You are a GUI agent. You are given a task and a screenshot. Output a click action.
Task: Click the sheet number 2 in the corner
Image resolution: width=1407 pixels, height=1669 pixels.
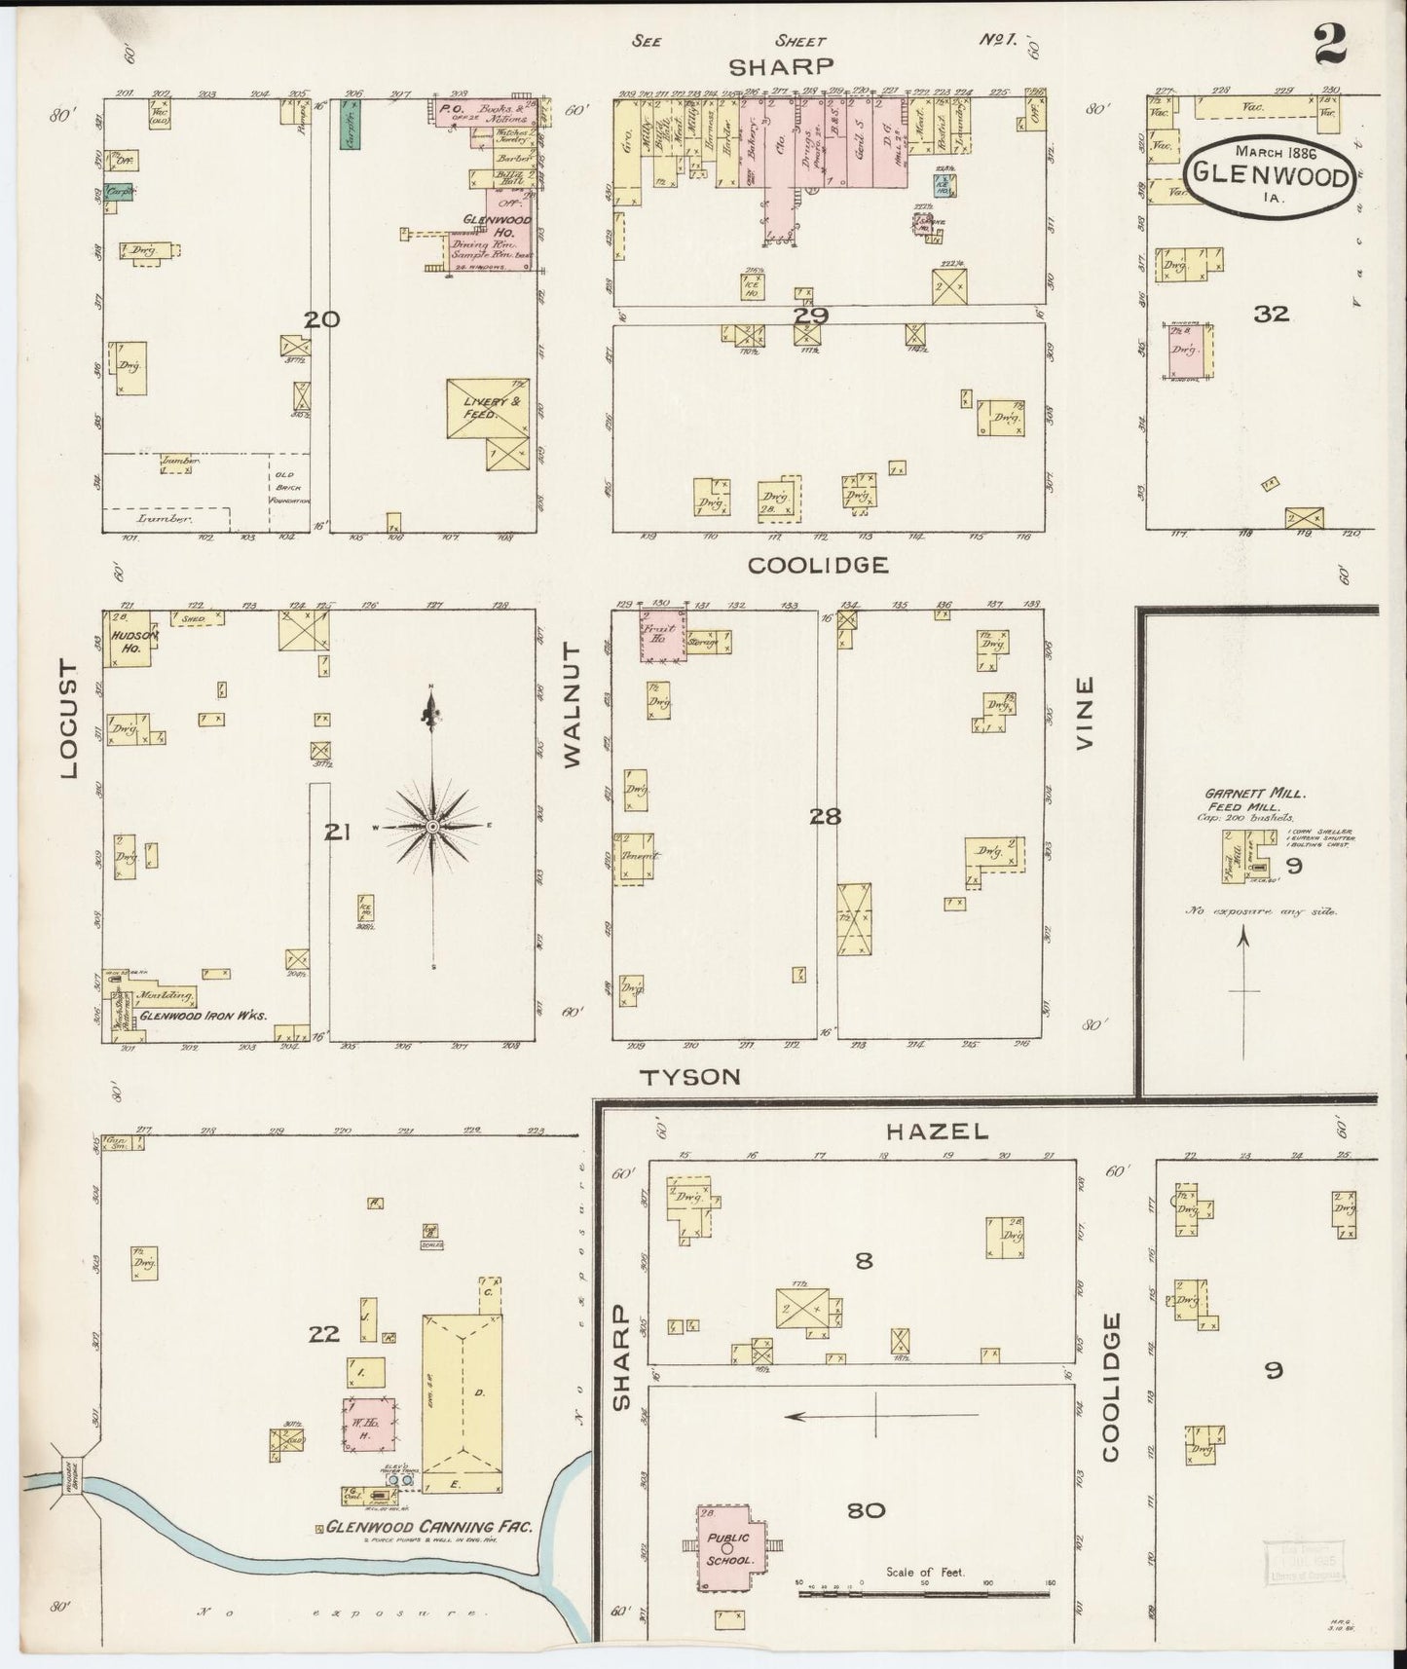(1329, 44)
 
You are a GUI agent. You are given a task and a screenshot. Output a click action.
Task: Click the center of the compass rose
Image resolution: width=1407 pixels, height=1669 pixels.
(432, 827)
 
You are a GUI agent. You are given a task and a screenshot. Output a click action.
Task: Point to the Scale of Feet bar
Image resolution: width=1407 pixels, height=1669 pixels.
(925, 1593)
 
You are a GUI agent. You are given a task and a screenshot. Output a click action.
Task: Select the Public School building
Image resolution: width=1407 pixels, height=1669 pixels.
(727, 1548)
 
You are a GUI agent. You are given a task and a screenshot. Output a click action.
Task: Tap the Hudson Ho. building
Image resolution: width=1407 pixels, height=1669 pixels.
(128, 639)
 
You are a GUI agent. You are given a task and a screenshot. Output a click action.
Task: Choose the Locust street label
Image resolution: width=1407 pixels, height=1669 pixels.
(68, 719)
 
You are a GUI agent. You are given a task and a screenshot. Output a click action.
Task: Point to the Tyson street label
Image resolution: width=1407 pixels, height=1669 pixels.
(690, 1077)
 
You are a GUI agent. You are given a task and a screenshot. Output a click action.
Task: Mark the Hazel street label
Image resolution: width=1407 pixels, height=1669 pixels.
(937, 1131)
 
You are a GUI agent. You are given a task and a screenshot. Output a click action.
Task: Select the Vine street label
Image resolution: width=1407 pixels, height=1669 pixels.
(1085, 712)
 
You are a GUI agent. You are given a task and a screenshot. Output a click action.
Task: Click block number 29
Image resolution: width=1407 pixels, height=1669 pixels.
(809, 315)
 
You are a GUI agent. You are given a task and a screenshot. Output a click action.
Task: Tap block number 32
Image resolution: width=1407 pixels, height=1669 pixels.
(1271, 314)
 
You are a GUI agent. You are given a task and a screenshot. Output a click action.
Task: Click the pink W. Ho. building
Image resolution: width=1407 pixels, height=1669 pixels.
(368, 1428)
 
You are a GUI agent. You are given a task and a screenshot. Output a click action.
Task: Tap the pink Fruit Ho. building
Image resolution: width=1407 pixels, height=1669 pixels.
(663, 635)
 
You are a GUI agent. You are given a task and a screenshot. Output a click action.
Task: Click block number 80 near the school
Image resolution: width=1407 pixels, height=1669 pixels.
(866, 1510)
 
